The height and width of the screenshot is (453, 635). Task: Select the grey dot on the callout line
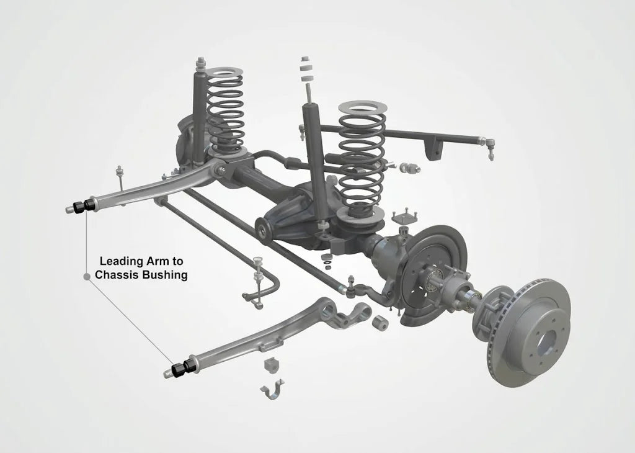click(86, 276)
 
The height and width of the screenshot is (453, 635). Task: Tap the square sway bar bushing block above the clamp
click(272, 365)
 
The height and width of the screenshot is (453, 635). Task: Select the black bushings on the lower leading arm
click(184, 368)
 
